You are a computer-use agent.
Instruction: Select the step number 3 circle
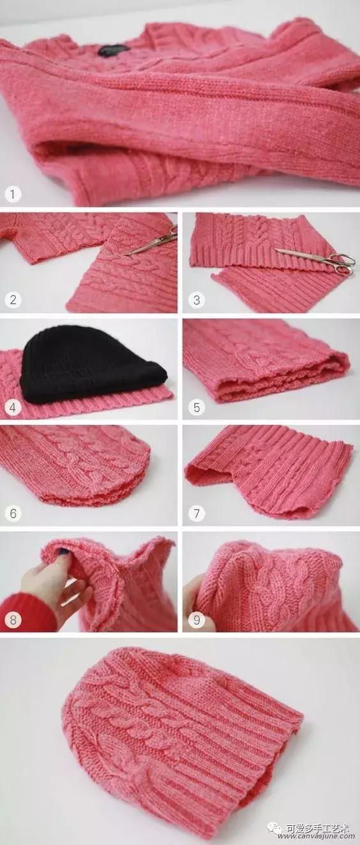196,299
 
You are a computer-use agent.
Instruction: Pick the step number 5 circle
196,406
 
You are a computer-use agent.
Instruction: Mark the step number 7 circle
196,512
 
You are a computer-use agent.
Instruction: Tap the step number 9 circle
196,618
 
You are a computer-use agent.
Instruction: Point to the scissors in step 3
319,258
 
